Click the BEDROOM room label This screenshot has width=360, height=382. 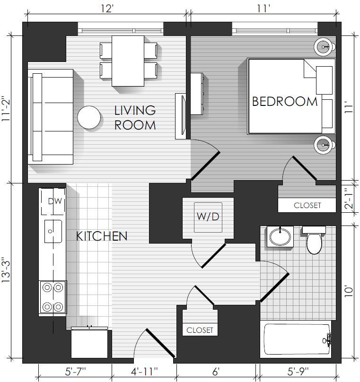(285, 102)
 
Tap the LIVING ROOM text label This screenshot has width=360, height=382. (135, 118)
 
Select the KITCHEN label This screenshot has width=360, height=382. (102, 236)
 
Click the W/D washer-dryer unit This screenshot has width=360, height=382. (208, 217)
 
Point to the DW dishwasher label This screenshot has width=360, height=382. (55, 201)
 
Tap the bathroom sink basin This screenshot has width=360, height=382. (280, 236)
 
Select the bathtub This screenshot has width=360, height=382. (298, 339)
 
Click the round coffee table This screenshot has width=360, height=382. (89, 117)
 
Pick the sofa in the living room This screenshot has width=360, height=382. (51, 117)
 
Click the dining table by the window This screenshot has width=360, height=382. (128, 61)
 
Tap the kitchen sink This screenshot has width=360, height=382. (53, 231)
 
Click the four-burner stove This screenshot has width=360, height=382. (53, 297)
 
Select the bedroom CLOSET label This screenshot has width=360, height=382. (307, 205)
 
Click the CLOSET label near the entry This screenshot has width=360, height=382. (200, 330)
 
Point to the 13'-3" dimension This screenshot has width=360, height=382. (7, 270)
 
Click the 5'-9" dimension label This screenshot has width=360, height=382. (298, 372)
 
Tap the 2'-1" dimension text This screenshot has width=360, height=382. (349, 197)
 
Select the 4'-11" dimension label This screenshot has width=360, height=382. (144, 372)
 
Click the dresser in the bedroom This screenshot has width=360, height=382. (197, 94)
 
